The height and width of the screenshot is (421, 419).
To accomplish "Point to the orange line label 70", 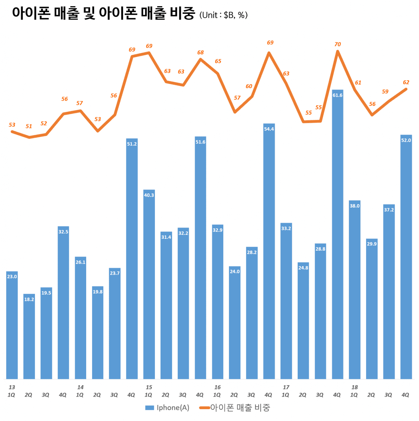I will point(337,44).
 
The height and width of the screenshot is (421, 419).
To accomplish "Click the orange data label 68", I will point(200,52).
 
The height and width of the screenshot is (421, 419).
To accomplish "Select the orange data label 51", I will point(29,126).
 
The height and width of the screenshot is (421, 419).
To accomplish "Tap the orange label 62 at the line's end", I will point(406,82).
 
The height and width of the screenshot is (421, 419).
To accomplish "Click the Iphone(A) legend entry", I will point(167,408).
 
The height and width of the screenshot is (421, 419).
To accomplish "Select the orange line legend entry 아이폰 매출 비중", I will point(235,408).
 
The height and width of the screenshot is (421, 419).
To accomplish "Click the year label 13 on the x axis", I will point(12,387).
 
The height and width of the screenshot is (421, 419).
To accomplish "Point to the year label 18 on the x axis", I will point(355,387).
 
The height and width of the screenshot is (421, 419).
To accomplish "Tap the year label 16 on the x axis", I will point(217,387).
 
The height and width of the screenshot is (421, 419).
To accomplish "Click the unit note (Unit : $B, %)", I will point(223,15).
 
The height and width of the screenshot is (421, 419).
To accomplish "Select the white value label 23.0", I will point(12,277).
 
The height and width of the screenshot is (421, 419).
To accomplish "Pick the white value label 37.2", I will point(389,210).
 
